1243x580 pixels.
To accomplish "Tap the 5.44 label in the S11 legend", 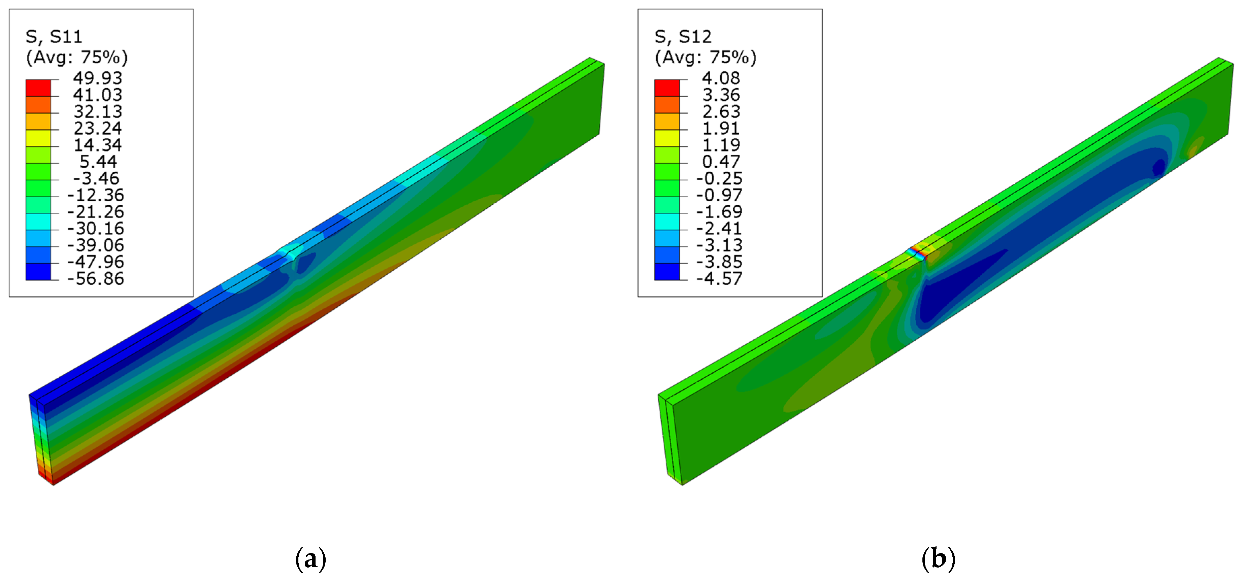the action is (x=98, y=162).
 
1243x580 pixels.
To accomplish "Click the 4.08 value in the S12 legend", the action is (x=721, y=78).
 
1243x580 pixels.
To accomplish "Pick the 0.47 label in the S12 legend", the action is (x=721, y=162).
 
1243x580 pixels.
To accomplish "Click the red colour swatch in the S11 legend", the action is (x=38, y=88).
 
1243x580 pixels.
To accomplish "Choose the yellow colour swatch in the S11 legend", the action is (x=38, y=138).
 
